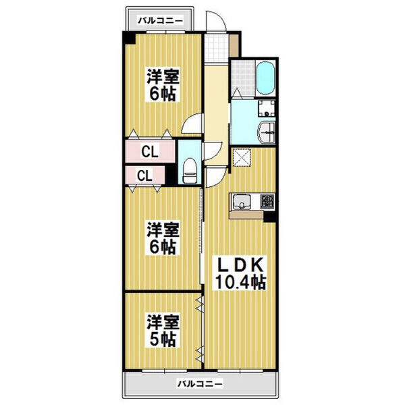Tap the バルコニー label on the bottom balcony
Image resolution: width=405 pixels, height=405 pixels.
(200, 385)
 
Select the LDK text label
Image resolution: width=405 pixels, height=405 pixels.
(239, 264)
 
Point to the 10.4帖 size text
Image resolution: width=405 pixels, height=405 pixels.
(240, 281)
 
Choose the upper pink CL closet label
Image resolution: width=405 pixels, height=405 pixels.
(150, 152)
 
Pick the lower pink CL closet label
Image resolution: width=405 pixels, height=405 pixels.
(144, 175)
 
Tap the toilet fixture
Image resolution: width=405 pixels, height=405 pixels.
(190, 168)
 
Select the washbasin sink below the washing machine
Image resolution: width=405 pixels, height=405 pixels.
(266, 131)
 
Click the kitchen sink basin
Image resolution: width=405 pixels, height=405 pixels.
(242, 201)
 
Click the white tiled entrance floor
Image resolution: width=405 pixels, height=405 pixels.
(217, 47)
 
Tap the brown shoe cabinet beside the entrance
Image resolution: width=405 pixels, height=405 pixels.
(233, 46)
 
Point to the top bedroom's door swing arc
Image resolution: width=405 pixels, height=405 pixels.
(193, 124)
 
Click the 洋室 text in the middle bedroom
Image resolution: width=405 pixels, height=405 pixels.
(163, 230)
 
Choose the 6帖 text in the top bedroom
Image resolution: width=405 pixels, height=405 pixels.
(163, 94)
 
